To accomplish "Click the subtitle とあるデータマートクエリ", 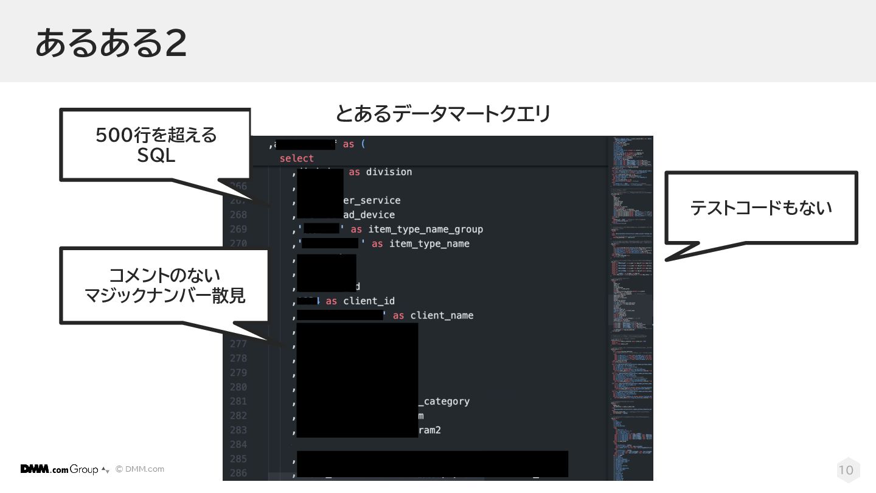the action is [x=443, y=114].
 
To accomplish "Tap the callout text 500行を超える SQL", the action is [x=156, y=145].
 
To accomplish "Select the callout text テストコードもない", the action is [x=760, y=208].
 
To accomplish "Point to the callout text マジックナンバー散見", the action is [x=165, y=295].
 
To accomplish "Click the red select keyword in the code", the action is [x=296, y=158].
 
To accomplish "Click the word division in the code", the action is [x=389, y=172].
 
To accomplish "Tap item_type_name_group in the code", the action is [x=425, y=229].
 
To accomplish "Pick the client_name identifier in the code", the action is [x=442, y=315].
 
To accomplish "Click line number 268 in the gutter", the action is [x=238, y=215].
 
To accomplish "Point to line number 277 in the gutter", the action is [x=238, y=344].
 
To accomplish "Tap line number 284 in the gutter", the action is [x=238, y=444].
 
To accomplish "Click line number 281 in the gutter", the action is [x=238, y=401].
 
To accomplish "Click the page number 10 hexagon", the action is [x=846, y=470].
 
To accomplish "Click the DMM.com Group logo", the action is [x=60, y=469].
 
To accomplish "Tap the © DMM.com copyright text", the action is [x=140, y=469].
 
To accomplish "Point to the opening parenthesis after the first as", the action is [x=363, y=144].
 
